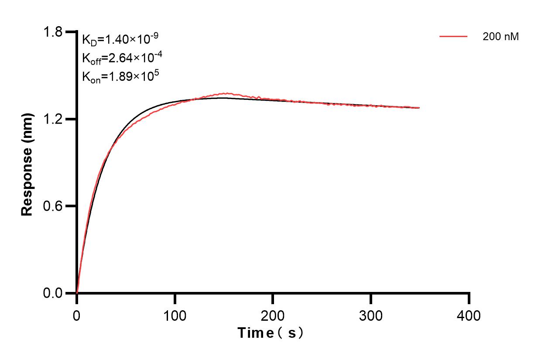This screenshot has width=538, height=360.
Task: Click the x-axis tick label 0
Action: (x=77, y=315)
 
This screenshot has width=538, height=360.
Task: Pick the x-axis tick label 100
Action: (x=175, y=315)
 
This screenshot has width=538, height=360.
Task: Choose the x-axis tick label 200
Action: (x=273, y=315)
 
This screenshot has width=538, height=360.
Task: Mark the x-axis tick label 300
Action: (x=371, y=315)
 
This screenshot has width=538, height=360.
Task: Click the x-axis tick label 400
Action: (x=469, y=315)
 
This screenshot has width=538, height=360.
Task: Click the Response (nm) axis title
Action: (x=27, y=162)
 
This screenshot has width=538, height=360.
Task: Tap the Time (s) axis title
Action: (x=271, y=333)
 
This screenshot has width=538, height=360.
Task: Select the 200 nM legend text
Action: (x=501, y=37)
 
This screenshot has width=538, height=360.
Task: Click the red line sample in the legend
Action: (x=453, y=37)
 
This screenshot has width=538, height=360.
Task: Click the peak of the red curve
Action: (x=225, y=93)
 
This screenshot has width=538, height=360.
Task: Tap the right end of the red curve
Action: (x=419, y=108)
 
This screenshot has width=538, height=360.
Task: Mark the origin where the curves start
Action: (x=77, y=292)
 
